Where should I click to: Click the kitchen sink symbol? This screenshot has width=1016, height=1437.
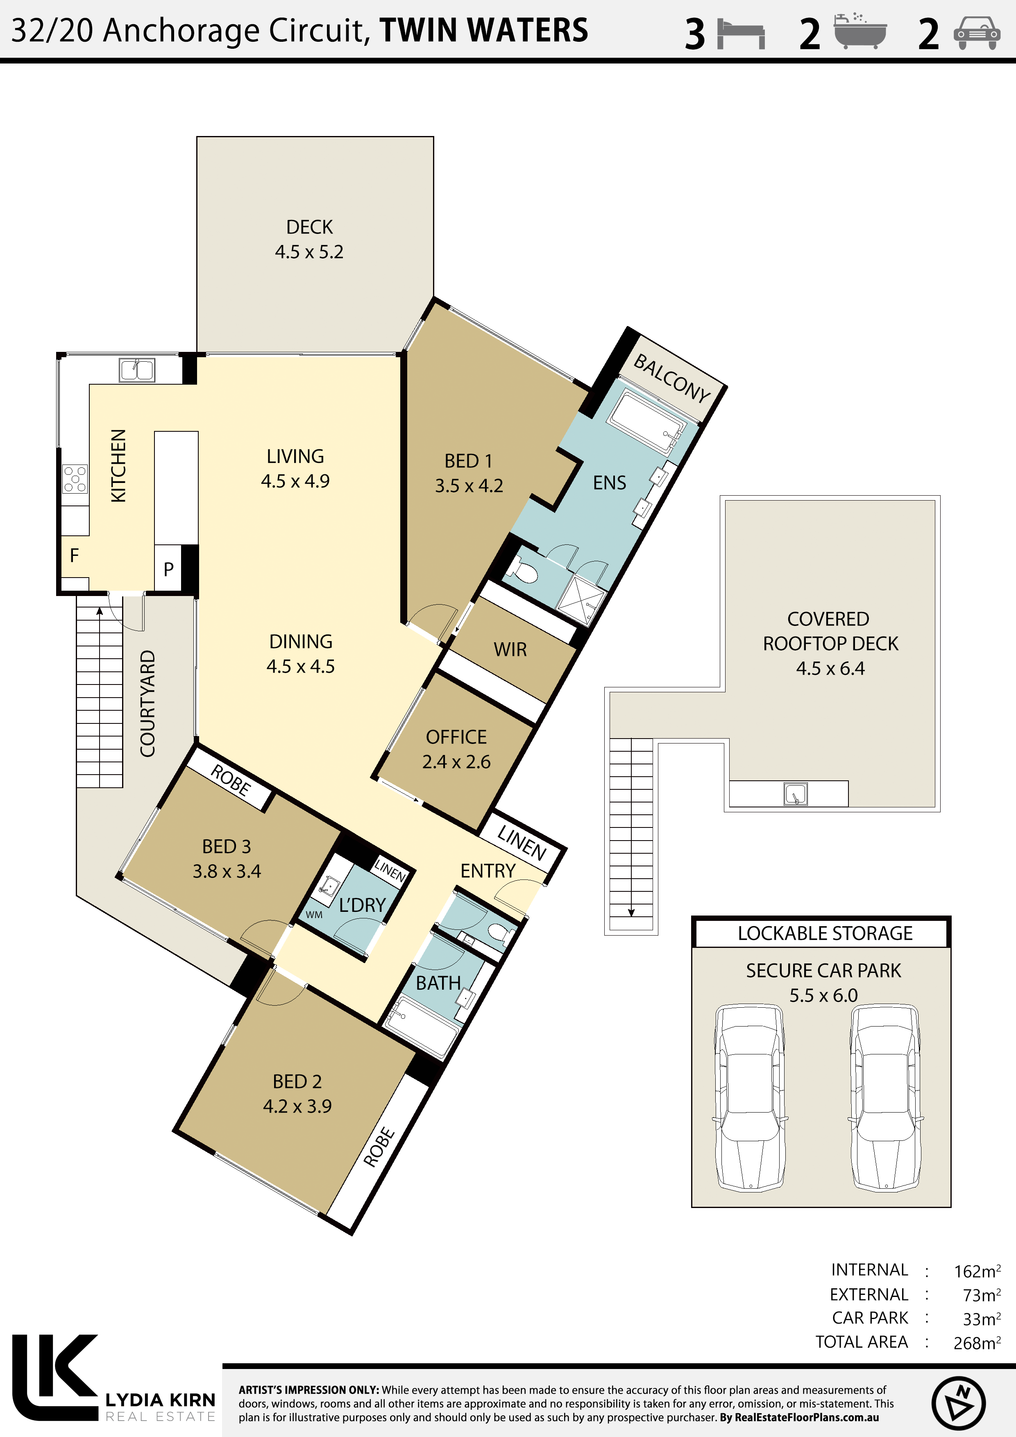click(x=137, y=370)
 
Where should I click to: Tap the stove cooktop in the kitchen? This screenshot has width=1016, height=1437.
click(x=75, y=479)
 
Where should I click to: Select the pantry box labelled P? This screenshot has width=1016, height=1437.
click(x=168, y=568)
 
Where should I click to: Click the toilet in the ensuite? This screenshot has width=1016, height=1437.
click(x=523, y=569)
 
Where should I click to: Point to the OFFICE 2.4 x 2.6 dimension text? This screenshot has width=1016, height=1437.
click(x=456, y=762)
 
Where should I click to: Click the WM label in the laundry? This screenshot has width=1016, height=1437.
click(x=314, y=915)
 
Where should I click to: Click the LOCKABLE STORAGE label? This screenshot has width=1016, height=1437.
click(x=825, y=933)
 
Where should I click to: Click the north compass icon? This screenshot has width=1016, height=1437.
click(x=958, y=1403)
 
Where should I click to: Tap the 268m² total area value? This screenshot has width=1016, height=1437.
click(x=977, y=1343)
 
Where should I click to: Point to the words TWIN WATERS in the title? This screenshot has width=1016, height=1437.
click(x=484, y=30)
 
